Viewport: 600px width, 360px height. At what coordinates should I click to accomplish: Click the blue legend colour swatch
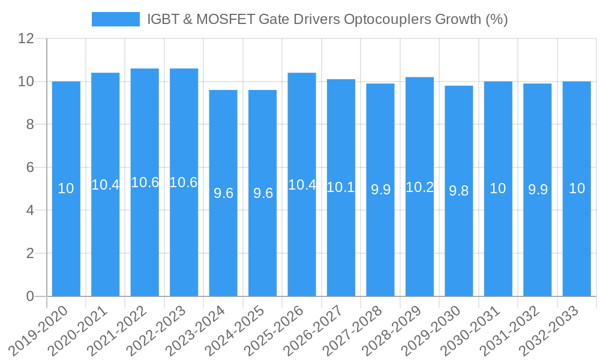pyautogui.click(x=115, y=19)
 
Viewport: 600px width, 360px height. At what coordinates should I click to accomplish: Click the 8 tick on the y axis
pyautogui.click(x=29, y=124)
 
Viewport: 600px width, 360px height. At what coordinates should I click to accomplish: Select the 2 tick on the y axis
pyautogui.click(x=29, y=253)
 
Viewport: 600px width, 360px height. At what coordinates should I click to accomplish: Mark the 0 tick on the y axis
pyautogui.click(x=29, y=296)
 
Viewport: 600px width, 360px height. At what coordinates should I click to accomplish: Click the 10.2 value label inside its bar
pyautogui.click(x=419, y=187)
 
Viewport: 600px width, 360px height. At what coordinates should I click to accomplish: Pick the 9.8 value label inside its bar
pyautogui.click(x=459, y=191)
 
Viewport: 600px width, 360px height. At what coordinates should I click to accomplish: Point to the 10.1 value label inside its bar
pyautogui.click(x=341, y=187)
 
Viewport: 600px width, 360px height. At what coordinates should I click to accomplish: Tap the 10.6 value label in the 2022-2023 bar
pyautogui.click(x=184, y=182)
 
